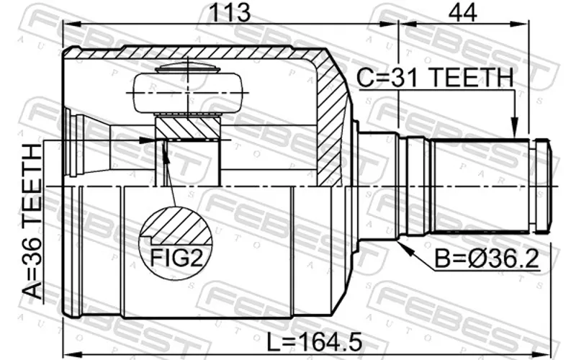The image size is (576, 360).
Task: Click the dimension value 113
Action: tap(229, 12)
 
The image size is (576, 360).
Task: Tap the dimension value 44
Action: tap(462, 12)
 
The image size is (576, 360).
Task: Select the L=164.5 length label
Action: tap(315, 341)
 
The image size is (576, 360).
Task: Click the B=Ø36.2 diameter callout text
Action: tap(487, 258)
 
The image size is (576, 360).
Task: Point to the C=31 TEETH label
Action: tap(435, 78)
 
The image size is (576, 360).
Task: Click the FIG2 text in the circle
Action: tap(176, 258)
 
